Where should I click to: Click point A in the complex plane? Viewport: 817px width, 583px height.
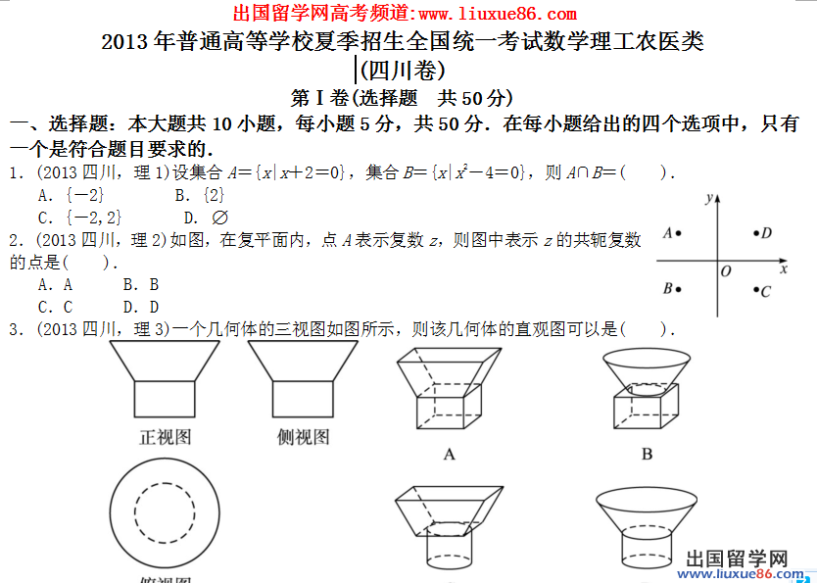pos(678,233)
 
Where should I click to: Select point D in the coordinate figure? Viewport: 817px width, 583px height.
pos(756,233)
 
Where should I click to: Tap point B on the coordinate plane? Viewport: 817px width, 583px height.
pos(678,289)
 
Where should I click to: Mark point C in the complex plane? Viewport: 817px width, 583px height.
pos(756,289)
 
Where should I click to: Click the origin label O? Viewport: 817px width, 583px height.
pos(726,271)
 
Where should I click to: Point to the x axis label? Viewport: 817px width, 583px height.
pos(783,269)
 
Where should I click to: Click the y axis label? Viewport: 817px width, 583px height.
pos(708,199)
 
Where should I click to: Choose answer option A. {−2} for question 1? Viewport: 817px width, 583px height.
pos(71,195)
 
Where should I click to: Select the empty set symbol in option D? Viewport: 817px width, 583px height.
pos(219,218)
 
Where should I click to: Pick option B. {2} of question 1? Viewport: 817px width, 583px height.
pos(200,195)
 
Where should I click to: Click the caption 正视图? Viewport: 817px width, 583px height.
pos(166,437)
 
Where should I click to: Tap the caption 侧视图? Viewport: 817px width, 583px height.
pos(304,437)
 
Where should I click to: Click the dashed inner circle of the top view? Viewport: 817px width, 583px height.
pos(165,483)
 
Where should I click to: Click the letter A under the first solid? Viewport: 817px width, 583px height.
pos(449,455)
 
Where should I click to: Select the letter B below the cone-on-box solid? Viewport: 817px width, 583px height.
pos(647,455)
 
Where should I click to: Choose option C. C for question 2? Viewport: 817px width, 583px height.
pos(55,307)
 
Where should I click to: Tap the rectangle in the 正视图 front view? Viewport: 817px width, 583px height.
pos(165,399)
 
